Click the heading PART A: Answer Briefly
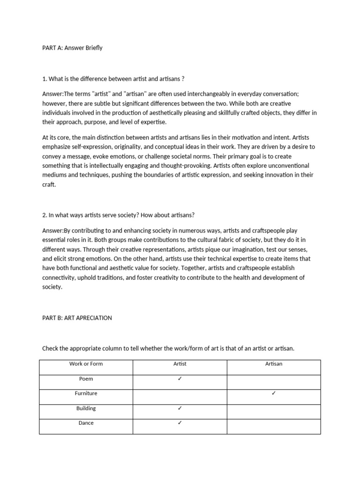[72, 48]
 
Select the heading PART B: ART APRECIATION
[77, 318]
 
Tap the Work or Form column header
[86, 364]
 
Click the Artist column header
[180, 364]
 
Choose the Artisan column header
[274, 364]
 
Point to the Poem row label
[86, 379]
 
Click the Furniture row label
[86, 393]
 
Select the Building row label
[86, 408]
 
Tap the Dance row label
[86, 423]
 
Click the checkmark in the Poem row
[180, 379]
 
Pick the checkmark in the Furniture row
[274, 393]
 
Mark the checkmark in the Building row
[180, 408]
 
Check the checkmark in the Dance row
[180, 423]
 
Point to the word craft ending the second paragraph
[49, 185]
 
